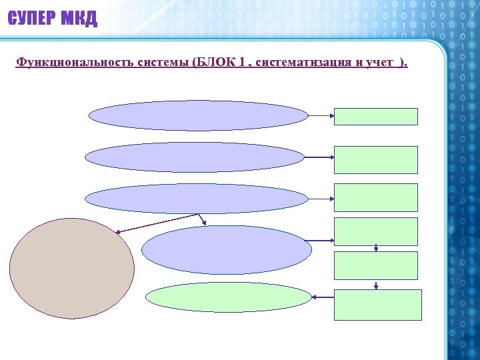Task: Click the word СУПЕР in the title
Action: pos(31,19)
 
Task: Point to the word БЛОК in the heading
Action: pos(214,63)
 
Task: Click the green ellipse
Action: pos(229,298)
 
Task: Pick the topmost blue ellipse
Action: pos(198,115)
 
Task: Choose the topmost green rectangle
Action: pos(376,117)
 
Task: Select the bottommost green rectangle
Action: pos(377,305)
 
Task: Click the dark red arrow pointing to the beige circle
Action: pos(157,223)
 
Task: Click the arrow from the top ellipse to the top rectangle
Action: pos(321,115)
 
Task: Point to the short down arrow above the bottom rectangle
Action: pos(377,285)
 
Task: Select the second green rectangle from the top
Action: pos(376,160)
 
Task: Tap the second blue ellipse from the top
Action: pos(195,157)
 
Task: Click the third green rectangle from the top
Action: pos(376,197)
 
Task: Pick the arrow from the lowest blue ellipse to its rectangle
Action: pos(323,239)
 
